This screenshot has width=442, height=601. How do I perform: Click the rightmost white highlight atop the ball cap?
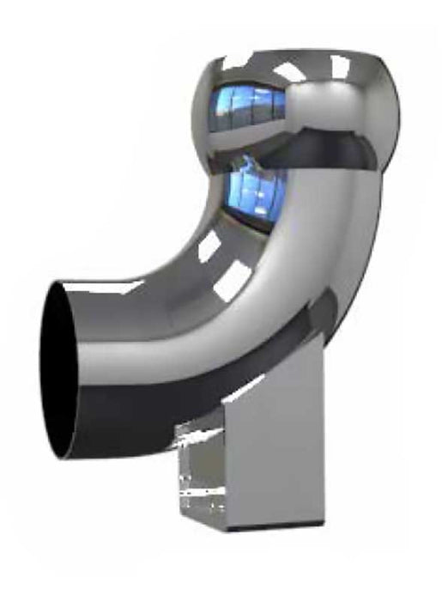click(x=340, y=65)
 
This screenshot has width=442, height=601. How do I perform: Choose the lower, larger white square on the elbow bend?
click(x=233, y=282)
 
